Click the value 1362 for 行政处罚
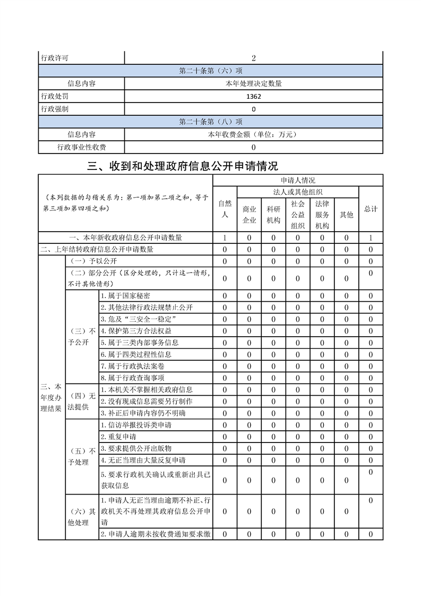coord(254,97)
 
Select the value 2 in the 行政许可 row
coord(254,58)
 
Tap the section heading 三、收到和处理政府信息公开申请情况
coord(183,166)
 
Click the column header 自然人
coord(225,209)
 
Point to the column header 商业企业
coord(250,215)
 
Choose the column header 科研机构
coord(273,215)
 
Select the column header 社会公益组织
coord(297,215)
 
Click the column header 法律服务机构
coord(322,215)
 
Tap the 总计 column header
coord(371,209)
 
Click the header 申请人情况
coord(298,181)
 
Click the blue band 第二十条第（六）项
coord(211,71)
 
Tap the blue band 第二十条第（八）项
coord(211,122)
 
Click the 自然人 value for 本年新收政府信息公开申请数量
coord(225,238)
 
